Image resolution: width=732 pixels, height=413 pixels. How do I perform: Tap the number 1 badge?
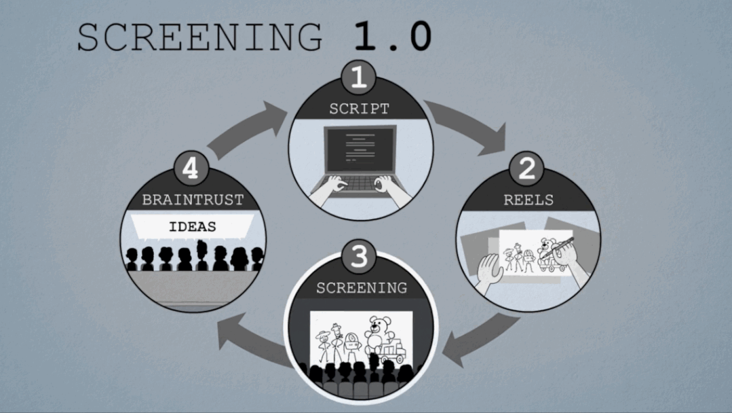[x=359, y=77]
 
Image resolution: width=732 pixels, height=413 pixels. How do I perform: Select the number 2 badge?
[x=527, y=169]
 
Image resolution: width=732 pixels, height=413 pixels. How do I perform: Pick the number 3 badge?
[x=360, y=257]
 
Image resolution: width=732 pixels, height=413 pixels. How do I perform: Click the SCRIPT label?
[x=359, y=109]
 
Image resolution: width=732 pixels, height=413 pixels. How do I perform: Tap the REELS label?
[x=528, y=200]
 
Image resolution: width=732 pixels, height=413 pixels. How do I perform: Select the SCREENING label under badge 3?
[x=361, y=288]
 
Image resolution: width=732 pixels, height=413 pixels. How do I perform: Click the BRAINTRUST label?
[x=192, y=200]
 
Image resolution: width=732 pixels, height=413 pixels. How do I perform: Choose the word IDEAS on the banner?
[x=192, y=227]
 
